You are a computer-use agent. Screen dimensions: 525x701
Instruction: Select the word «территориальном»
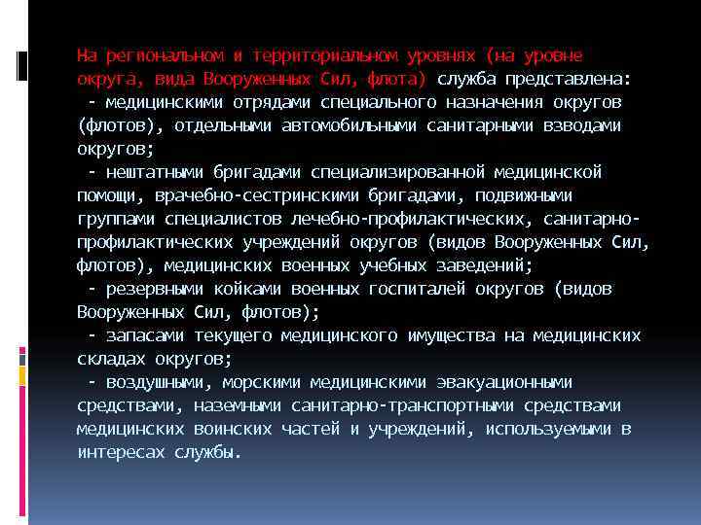pos(310,55)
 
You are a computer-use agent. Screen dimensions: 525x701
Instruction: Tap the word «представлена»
pos(572,79)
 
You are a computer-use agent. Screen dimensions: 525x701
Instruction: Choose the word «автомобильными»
pos(349,125)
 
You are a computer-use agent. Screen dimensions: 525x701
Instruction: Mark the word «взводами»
pos(582,125)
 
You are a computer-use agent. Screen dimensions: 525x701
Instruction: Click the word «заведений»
pos(480,265)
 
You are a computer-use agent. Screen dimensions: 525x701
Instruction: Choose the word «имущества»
pos(451,335)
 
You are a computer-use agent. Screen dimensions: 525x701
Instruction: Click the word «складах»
pos(111,359)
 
